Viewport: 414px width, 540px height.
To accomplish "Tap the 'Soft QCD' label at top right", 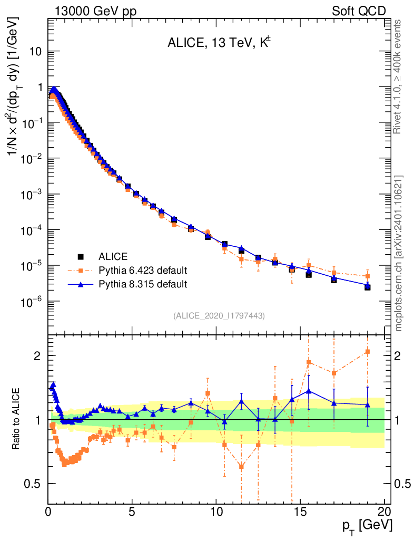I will click(x=359, y=11).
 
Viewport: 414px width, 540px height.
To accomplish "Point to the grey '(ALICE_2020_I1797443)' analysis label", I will click(x=219, y=315).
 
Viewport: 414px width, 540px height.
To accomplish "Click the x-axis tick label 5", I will click(x=132, y=512).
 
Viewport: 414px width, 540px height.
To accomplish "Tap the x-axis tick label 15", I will click(x=300, y=512).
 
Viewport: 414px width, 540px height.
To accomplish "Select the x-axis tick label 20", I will click(x=384, y=512).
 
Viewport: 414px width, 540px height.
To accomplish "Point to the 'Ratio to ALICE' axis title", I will click(x=16, y=419).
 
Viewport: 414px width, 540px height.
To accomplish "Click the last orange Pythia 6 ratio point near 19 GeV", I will click(x=368, y=352).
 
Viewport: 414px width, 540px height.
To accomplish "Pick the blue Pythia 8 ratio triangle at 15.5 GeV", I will click(x=309, y=391).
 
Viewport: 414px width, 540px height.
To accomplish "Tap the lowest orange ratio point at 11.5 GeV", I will click(x=241, y=466).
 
